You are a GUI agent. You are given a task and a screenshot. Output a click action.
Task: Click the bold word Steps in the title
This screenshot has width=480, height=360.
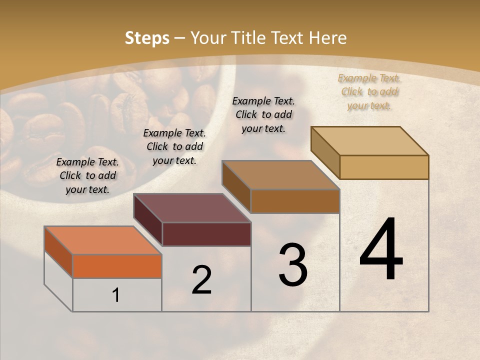(147, 38)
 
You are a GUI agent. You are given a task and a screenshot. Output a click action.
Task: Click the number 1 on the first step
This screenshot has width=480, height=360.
(116, 295)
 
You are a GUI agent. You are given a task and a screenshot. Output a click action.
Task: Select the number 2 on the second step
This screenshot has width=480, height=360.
(201, 280)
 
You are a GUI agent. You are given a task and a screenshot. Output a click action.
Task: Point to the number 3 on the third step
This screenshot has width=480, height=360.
(293, 265)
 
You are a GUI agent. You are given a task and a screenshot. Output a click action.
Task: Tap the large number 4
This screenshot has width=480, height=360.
(381, 250)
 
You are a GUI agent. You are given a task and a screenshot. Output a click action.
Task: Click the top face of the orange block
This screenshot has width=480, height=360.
(103, 240)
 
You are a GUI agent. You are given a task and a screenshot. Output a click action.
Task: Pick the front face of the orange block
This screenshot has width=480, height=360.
(117, 266)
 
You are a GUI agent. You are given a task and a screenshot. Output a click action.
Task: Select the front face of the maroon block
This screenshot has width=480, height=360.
(206, 234)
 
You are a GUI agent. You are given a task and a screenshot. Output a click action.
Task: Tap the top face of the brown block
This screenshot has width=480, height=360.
(280, 175)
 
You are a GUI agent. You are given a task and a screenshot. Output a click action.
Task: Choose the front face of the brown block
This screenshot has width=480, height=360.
(295, 201)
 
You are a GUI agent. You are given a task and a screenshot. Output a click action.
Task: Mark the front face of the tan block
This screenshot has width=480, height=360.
(384, 167)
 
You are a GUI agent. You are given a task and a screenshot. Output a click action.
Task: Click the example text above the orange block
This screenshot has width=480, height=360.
(87, 175)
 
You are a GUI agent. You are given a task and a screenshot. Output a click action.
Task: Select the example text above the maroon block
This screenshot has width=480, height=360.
(174, 146)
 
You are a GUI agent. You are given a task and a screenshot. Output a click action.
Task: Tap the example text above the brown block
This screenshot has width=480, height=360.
(263, 114)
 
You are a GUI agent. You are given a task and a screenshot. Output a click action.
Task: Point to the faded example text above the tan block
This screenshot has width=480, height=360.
(369, 91)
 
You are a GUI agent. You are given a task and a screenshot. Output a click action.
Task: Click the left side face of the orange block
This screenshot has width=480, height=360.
(58, 252)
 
